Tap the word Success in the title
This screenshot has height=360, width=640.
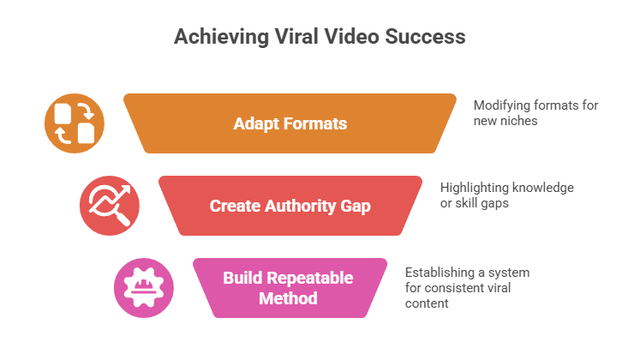click(x=428, y=37)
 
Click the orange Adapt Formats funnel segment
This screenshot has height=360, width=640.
click(x=290, y=123)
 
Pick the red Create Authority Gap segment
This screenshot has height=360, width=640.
click(x=290, y=207)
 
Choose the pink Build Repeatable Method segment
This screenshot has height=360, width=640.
click(x=290, y=288)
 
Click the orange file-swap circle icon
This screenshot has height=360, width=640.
click(x=74, y=123)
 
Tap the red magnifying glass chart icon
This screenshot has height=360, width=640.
click(x=109, y=207)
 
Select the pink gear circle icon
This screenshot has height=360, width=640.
click(x=144, y=288)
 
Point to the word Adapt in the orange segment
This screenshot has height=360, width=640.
click(x=254, y=123)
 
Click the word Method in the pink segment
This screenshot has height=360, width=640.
click(x=290, y=298)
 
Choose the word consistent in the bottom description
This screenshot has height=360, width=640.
click(x=460, y=287)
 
